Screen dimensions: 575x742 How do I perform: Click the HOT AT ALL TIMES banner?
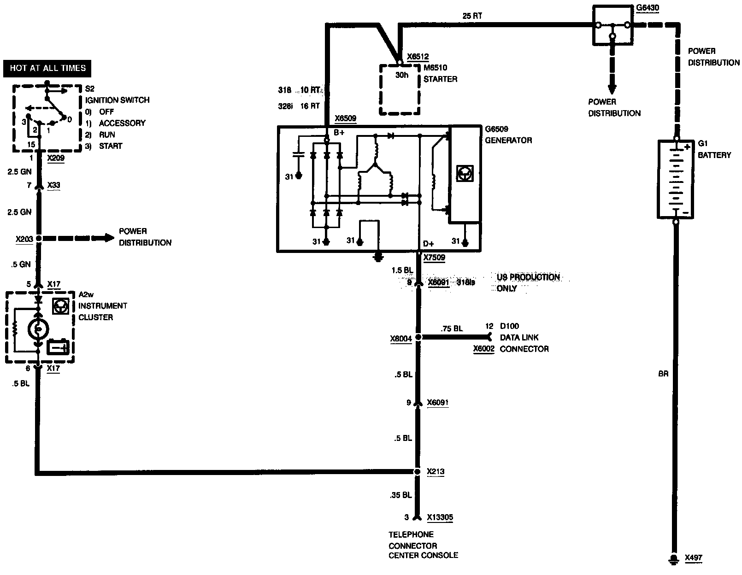[47, 68]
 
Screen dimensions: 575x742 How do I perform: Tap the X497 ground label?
[693, 557]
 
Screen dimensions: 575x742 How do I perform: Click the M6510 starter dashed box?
[400, 89]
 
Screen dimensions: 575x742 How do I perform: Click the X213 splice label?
[435, 471]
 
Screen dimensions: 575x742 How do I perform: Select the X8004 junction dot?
[418, 337]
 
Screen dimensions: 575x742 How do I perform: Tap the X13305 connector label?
[440, 517]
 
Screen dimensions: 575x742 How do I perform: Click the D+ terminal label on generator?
[428, 243]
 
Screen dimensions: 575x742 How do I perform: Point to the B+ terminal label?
[339, 133]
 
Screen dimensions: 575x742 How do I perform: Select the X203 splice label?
[24, 239]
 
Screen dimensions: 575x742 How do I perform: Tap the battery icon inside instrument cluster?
[59, 346]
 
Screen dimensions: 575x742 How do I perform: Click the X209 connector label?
[56, 158]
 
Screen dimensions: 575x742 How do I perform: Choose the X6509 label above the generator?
[345, 118]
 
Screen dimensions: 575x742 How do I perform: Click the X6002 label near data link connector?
[483, 349]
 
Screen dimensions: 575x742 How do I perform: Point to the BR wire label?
[663, 374]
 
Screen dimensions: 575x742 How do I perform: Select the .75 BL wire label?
[452, 329]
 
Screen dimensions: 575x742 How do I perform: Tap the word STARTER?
[441, 79]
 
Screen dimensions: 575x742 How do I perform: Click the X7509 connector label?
[434, 258]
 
